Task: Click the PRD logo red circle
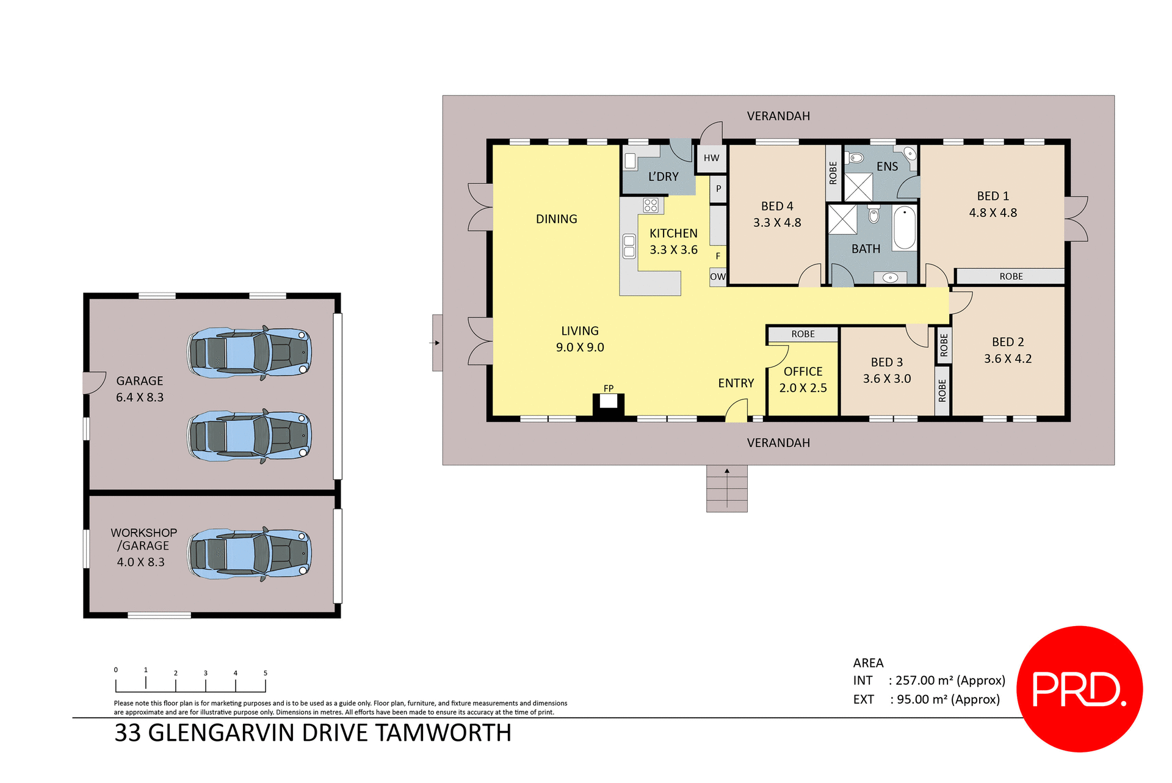[1079, 688]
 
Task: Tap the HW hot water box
[711, 158]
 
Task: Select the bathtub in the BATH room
[904, 228]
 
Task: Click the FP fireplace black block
[609, 406]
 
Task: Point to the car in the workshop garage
[250, 553]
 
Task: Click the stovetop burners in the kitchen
[651, 205]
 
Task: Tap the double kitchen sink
[629, 246]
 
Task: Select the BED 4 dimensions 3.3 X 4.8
[777, 223]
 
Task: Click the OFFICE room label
[803, 371]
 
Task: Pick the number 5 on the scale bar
[266, 673]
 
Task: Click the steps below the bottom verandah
[726, 489]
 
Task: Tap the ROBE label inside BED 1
[1011, 277]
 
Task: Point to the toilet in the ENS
[856, 158]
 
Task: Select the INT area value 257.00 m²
[924, 680]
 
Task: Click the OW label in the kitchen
[718, 277]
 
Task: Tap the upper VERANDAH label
[778, 116]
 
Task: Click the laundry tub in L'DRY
[631, 161]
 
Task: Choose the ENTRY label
[736, 383]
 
